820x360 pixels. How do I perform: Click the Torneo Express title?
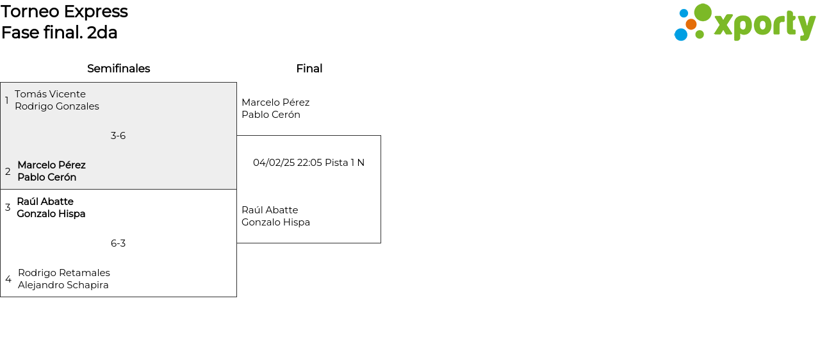(64, 12)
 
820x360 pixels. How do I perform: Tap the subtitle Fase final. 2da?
(59, 33)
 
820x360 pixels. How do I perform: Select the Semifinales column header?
(119, 69)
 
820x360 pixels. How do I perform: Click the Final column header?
(309, 69)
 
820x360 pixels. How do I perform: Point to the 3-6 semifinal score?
(118, 136)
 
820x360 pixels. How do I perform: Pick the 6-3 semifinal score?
(118, 243)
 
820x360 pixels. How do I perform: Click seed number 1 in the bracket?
(7, 101)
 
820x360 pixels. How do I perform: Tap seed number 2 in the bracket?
(8, 172)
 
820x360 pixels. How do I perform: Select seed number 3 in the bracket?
(8, 208)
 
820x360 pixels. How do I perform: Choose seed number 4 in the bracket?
(8, 279)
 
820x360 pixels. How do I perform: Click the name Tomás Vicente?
(50, 94)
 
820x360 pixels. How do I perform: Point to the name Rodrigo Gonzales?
(57, 106)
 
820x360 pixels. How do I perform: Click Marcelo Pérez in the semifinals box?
(51, 165)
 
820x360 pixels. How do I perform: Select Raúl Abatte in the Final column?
(270, 210)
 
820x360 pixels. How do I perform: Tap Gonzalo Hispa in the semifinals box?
(51, 214)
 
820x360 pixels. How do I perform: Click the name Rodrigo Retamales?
(64, 273)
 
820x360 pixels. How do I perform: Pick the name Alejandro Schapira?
(63, 285)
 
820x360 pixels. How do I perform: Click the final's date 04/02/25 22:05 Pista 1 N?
(309, 163)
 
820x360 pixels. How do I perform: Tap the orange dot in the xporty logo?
(691, 24)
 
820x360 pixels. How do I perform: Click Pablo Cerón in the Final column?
(271, 115)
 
